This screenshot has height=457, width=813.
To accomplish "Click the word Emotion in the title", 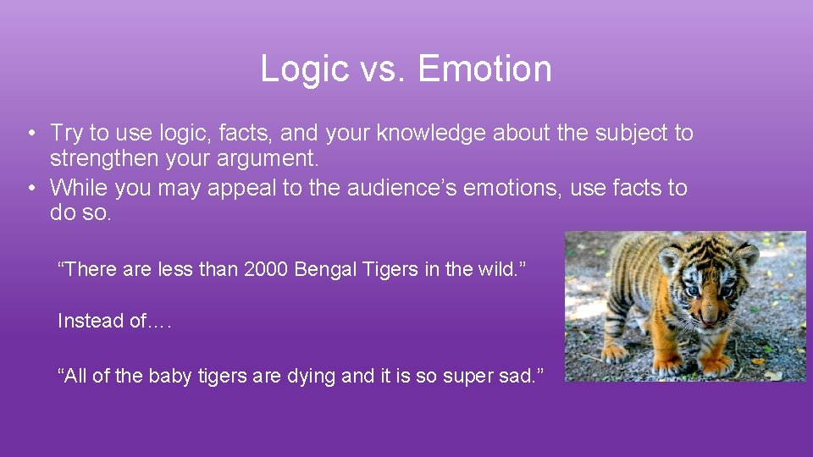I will pos(484,69).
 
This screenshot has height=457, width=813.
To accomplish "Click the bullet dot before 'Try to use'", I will pos(30,134).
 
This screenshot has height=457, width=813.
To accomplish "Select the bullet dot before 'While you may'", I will pos(30,188).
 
